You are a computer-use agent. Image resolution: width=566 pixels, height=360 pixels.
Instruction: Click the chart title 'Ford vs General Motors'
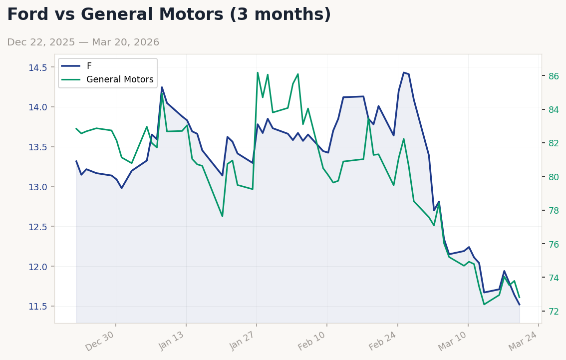[169, 15]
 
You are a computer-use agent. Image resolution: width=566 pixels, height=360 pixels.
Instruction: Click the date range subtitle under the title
[83, 42]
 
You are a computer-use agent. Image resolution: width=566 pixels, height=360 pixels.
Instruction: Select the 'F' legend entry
[89, 66]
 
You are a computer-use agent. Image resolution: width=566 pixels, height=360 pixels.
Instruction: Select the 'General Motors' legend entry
[120, 79]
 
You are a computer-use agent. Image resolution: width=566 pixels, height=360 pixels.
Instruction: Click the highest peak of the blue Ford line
[404, 72]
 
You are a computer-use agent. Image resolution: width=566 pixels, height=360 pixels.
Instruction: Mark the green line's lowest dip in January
[222, 216]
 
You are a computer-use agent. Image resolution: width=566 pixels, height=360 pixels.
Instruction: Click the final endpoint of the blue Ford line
[519, 305]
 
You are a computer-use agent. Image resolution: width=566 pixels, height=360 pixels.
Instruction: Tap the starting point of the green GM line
[76, 128]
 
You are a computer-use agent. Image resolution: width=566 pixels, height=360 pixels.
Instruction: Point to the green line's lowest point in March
[484, 304]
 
